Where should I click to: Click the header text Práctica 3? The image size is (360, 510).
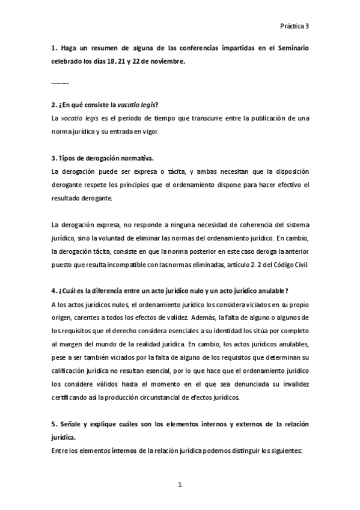tap(294, 26)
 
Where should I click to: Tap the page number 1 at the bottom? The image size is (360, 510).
tap(179, 484)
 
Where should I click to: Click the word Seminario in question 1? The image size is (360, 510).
tap(292, 48)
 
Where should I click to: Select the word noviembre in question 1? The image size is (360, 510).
tap(166, 61)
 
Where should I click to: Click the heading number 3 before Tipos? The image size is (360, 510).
tap(53, 159)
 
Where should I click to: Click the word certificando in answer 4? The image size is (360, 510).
tap(70, 398)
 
